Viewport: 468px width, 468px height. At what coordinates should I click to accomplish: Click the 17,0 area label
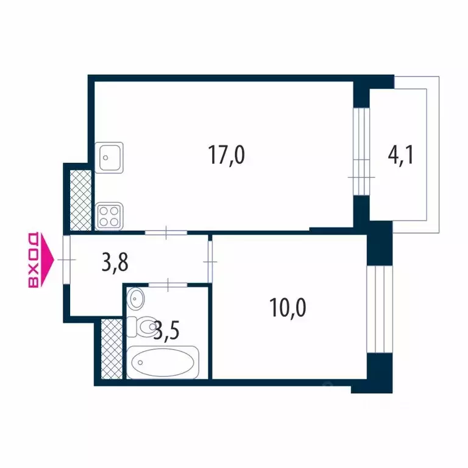226,156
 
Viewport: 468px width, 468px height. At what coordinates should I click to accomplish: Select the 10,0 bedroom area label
287,307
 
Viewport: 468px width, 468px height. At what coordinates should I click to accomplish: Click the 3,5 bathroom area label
166,331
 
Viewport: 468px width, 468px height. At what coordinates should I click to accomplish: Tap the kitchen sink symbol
109,157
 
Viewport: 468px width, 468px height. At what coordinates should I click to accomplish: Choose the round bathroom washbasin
136,299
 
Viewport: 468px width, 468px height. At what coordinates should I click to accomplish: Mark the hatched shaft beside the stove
79,199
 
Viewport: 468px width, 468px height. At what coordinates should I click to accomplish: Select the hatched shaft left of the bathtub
110,349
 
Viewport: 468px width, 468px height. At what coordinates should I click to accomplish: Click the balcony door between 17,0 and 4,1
361,152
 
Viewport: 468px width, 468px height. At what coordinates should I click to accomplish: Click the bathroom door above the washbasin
167,283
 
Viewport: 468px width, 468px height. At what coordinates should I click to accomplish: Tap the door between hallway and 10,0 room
210,261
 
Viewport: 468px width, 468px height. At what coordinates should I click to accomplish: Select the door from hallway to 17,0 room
166,232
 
